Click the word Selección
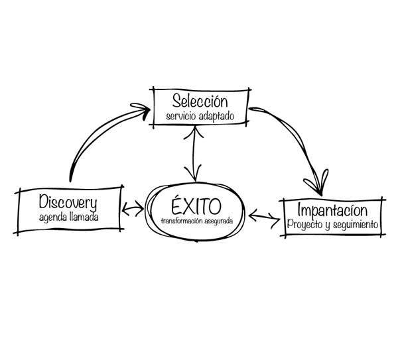click(x=200, y=101)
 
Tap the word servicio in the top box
click(x=182, y=116)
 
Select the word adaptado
click(x=217, y=116)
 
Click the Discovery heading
click(x=68, y=202)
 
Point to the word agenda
click(x=53, y=218)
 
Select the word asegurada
click(x=219, y=221)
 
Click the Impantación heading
click(x=332, y=210)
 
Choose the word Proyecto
click(x=304, y=225)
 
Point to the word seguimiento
click(x=356, y=225)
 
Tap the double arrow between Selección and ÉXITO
click(x=194, y=154)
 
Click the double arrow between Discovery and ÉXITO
click(x=133, y=208)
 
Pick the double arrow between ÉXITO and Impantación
click(x=264, y=218)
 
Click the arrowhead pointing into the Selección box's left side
click(x=142, y=109)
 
